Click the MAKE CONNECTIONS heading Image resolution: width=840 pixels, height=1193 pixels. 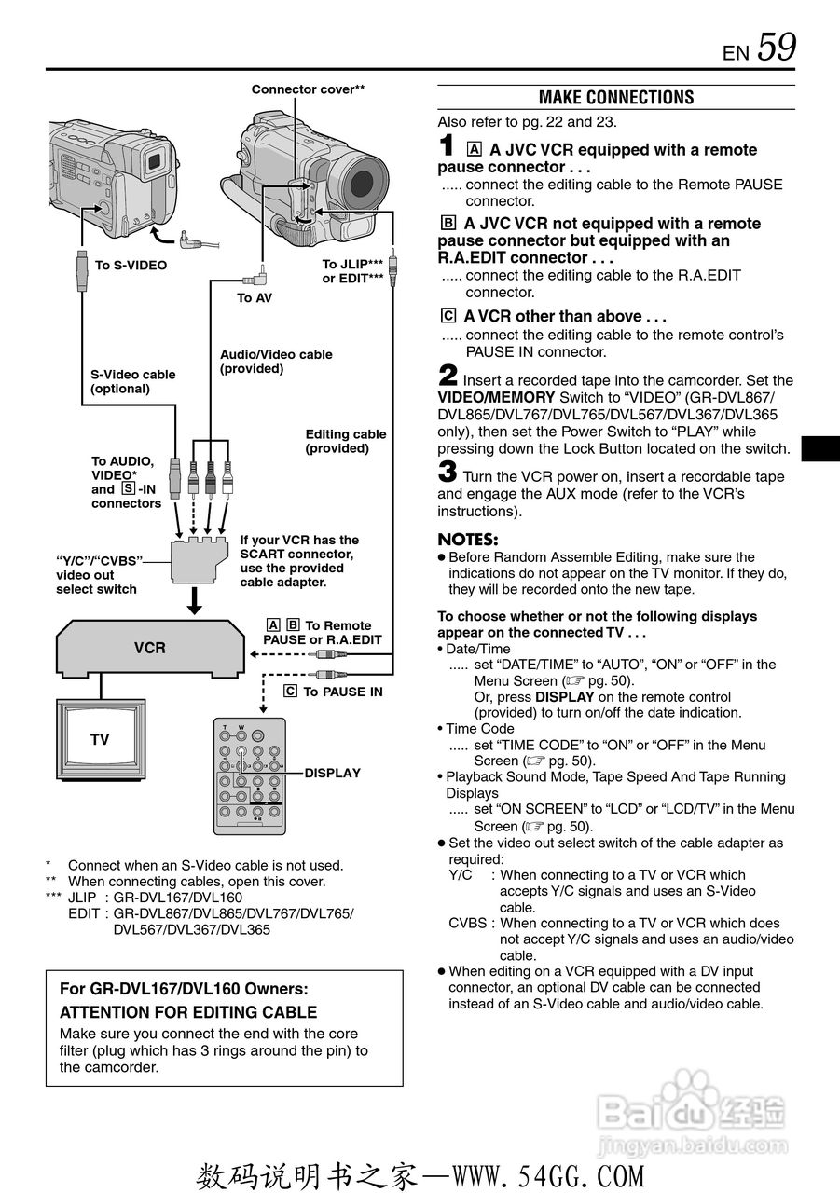(616, 98)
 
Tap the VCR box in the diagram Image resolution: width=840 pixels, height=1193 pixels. (149, 648)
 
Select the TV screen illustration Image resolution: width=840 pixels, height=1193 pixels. (100, 739)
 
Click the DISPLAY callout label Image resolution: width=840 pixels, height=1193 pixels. (333, 773)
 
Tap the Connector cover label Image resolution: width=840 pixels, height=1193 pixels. (308, 89)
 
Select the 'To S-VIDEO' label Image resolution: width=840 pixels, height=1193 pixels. (131, 266)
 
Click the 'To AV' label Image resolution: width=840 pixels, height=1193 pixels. (255, 298)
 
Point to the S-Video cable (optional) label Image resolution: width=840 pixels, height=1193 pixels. (132, 381)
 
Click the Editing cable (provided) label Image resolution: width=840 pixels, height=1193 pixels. (345, 441)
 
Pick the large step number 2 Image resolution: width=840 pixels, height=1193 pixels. (448, 377)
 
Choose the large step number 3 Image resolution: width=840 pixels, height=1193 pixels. (448, 473)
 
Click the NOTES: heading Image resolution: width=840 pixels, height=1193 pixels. (468, 540)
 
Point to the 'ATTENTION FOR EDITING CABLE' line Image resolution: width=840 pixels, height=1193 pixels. (187, 1012)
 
